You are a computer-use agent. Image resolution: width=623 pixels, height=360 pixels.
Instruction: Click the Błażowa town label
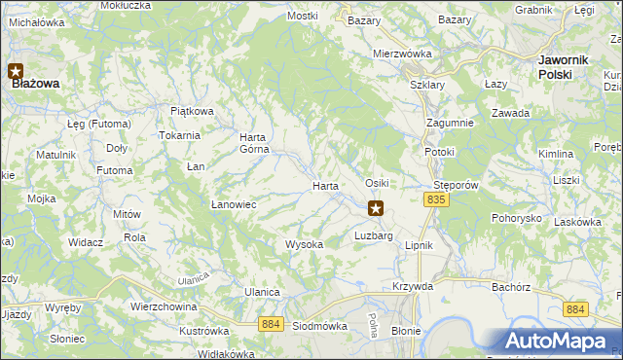pyautogui.click(x=36, y=84)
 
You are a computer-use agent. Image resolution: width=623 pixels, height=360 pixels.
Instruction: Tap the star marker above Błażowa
pyautogui.click(x=16, y=70)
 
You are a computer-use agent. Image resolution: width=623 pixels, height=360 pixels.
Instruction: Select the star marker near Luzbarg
pyautogui.click(x=376, y=207)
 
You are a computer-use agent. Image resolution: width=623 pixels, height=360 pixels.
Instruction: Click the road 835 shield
pyautogui.click(x=435, y=199)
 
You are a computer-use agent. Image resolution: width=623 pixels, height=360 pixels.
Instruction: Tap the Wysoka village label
pyautogui.click(x=304, y=244)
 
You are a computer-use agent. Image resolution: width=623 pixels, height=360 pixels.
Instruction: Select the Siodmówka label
pyautogui.click(x=320, y=326)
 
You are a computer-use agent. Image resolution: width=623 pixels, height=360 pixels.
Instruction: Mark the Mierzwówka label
pyautogui.click(x=402, y=54)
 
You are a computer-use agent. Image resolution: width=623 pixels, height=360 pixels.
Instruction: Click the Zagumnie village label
pyautogui.click(x=450, y=123)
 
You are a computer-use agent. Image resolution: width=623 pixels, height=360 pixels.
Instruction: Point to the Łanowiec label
pyautogui.click(x=234, y=204)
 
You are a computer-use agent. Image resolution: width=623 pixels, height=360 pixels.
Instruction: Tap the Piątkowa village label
pyautogui.click(x=192, y=111)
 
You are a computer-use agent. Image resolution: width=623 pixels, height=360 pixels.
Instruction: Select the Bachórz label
pyautogui.click(x=510, y=287)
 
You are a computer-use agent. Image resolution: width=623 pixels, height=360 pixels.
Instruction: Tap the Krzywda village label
pyautogui.click(x=412, y=286)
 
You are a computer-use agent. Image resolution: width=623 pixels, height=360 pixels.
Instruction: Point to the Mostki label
pyautogui.click(x=303, y=17)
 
